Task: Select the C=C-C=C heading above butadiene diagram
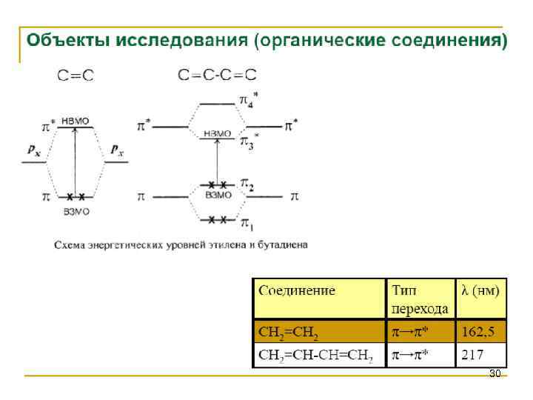pyautogui.click(x=218, y=75)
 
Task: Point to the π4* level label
pyautogui.click(x=249, y=99)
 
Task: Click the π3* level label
pyautogui.click(x=249, y=140)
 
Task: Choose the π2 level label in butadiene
pyautogui.click(x=247, y=185)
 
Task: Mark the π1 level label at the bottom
pyautogui.click(x=247, y=222)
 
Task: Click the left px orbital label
pyautogui.click(x=34, y=150)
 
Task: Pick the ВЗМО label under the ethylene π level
pyautogui.click(x=76, y=211)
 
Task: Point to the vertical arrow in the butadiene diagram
pyautogui.click(x=217, y=159)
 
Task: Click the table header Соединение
pyautogui.click(x=297, y=290)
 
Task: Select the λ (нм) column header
pyautogui.click(x=480, y=290)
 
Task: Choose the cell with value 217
pyautogui.click(x=473, y=355)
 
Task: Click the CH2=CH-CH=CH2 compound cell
pyautogui.click(x=316, y=356)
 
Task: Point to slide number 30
pyautogui.click(x=495, y=373)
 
